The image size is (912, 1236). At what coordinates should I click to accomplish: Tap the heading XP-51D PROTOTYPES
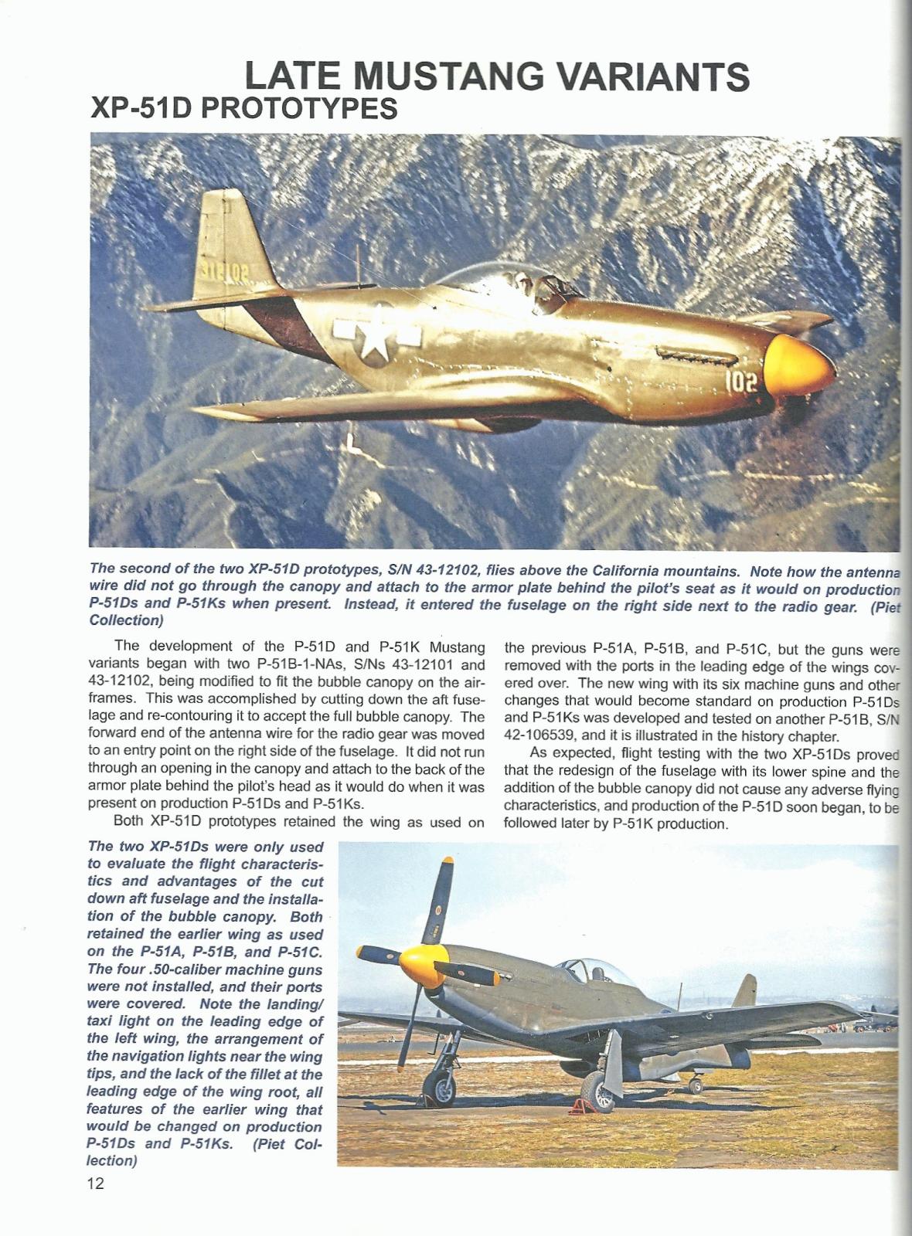(244, 108)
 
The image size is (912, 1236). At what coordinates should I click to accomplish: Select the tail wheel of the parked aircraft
(696, 1085)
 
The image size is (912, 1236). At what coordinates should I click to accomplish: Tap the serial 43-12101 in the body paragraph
(453, 664)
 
